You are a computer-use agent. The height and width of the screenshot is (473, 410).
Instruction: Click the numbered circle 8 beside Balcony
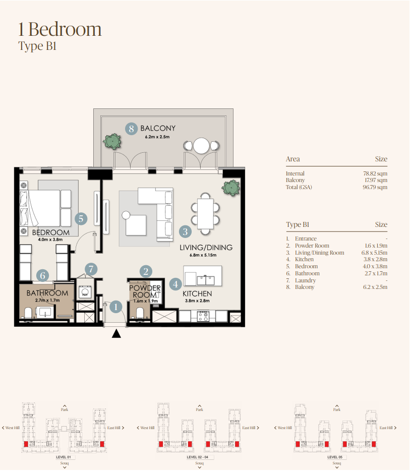(131, 129)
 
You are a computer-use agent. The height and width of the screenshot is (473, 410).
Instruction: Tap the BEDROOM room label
(51, 232)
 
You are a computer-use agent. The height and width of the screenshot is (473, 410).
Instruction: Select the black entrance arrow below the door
(116, 334)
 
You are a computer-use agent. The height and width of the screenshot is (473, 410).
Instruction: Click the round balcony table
(201, 146)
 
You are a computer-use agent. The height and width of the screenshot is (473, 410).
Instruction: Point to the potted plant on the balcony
(112, 142)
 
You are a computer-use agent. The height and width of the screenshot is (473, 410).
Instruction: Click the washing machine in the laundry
(85, 291)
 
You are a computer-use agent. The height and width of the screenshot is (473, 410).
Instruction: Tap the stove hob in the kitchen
(203, 316)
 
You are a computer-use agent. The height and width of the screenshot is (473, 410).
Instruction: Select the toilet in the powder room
(140, 314)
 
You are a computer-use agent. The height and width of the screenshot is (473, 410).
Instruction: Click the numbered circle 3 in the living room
(185, 231)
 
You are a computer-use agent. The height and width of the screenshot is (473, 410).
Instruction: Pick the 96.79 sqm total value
(375, 187)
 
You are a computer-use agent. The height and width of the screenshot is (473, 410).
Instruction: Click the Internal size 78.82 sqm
(375, 173)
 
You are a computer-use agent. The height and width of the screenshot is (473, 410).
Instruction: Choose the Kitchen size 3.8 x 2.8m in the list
(375, 259)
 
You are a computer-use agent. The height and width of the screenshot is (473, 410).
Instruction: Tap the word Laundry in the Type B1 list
(305, 280)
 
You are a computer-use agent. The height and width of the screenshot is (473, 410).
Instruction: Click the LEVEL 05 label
(335, 457)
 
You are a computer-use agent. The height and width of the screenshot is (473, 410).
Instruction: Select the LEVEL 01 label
(64, 457)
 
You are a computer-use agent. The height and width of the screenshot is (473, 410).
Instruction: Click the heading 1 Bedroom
(60, 29)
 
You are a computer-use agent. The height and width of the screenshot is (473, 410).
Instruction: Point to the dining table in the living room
(205, 214)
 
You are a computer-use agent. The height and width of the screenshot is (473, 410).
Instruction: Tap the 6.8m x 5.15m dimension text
(203, 255)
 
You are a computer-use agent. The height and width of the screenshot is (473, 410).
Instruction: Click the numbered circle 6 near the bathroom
(42, 275)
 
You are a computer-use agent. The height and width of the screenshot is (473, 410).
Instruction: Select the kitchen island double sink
(206, 280)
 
